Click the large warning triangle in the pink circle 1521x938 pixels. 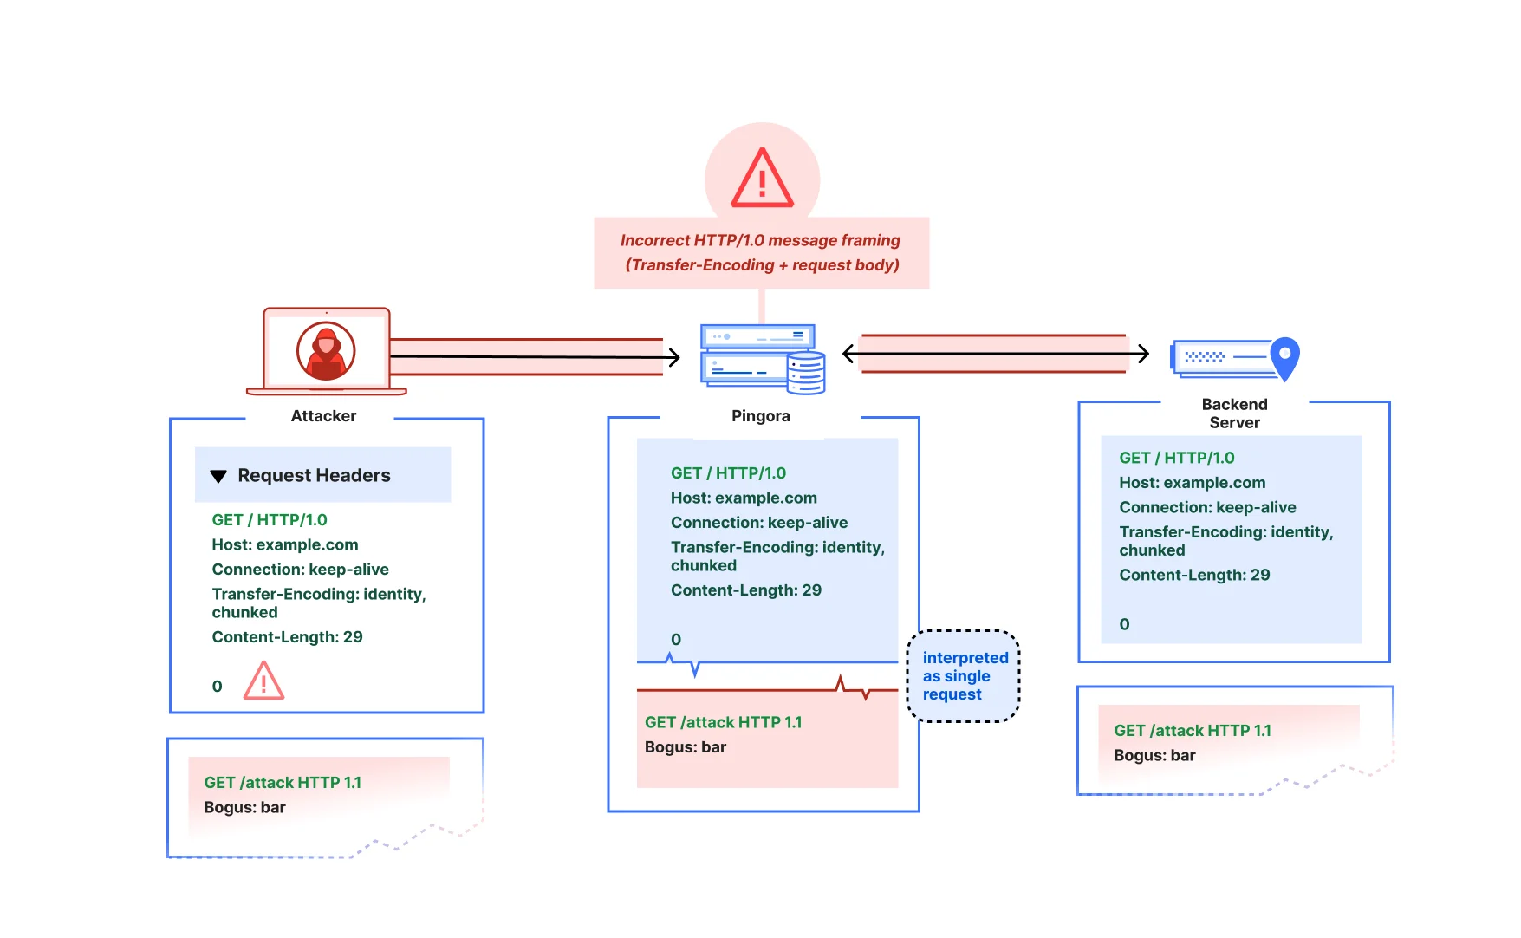click(762, 179)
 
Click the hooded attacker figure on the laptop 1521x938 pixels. click(326, 351)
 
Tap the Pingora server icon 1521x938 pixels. click(761, 358)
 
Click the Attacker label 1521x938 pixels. click(323, 416)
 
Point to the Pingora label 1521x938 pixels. click(760, 416)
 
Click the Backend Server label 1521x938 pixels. click(1234, 414)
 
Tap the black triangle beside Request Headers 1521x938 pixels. click(218, 476)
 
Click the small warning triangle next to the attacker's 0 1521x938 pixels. click(263, 681)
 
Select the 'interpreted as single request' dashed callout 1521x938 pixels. click(963, 676)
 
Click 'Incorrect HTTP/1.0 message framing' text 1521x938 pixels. click(760, 240)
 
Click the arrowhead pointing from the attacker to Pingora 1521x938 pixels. click(673, 356)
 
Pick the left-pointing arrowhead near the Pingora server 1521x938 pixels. click(849, 354)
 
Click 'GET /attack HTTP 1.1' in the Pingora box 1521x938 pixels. click(723, 722)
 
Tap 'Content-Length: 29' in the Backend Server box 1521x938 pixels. click(1194, 575)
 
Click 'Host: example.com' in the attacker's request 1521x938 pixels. click(284, 544)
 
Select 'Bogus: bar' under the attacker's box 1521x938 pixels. click(244, 807)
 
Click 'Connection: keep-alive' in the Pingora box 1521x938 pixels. click(758, 523)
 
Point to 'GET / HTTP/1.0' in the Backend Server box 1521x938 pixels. click(1176, 458)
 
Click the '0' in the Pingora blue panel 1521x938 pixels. click(676, 640)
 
